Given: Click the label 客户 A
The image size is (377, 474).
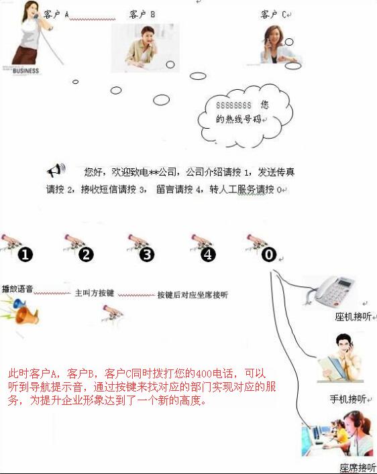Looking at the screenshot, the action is coord(56,14).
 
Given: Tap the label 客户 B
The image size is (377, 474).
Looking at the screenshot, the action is coord(142,14).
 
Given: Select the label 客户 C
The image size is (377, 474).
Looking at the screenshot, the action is coord(274,14).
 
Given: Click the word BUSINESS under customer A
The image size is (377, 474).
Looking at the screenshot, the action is coord(25,71).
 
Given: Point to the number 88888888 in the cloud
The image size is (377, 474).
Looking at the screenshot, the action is coord(233,105).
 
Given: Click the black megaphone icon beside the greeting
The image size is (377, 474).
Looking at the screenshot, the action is coord(56,170).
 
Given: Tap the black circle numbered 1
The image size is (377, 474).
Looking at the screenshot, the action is coord(25,255).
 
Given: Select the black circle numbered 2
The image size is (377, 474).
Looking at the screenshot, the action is coord(87,255).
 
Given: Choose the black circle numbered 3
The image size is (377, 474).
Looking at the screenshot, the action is coord(147,255).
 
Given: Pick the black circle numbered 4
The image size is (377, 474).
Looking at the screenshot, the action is coord(208,255).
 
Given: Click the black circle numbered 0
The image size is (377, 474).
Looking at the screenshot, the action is coord(269,255).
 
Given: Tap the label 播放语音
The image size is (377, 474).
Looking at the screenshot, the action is coord(17,289).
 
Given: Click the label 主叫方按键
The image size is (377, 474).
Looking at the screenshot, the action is coord(95,293).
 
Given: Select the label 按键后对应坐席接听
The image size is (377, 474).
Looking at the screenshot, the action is coord(193,295).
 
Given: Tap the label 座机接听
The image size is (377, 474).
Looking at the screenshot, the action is coord(353,316).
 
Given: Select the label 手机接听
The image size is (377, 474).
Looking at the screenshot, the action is coord(348,399).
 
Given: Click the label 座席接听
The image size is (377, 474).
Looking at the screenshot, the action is coord(358,468).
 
